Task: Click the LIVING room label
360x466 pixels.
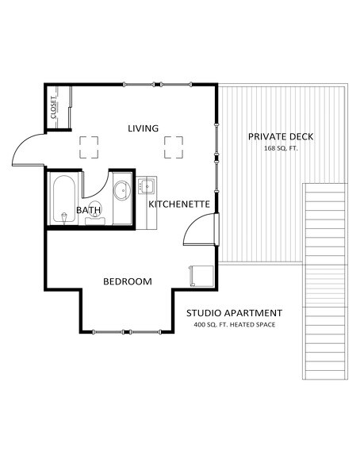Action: click(144, 128)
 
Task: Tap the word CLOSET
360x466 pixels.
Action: click(54, 108)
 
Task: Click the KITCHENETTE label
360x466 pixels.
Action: click(179, 204)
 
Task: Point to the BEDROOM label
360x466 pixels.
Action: click(128, 281)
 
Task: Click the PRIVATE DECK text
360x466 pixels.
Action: click(281, 136)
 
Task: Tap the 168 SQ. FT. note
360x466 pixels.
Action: click(281, 148)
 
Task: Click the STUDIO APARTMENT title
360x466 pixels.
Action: click(234, 312)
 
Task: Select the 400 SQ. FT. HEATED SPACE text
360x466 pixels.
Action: click(234, 325)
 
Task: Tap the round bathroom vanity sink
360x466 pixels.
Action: click(122, 191)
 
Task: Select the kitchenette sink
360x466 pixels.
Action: click(147, 187)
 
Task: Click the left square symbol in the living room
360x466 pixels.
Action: click(88, 147)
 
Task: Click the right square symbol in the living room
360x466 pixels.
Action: click(174, 147)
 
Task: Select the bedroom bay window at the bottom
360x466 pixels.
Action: click(127, 330)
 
